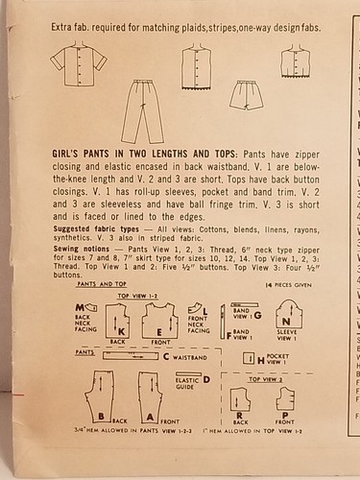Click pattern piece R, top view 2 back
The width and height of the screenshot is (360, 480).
[x=240, y=401]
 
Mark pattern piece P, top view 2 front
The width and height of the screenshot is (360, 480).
[x=284, y=400]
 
